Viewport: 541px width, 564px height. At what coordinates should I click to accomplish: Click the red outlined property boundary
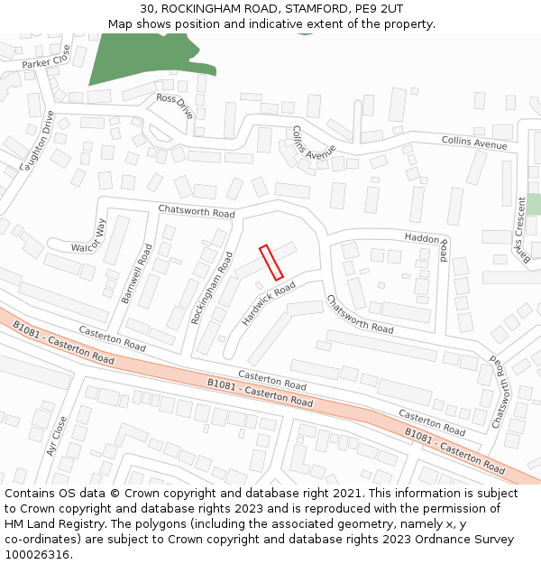click(271, 262)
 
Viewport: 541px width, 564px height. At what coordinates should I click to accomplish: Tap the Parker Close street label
click(46, 63)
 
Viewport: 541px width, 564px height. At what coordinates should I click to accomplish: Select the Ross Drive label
click(175, 106)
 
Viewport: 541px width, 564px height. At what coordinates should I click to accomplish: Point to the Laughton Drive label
click(37, 141)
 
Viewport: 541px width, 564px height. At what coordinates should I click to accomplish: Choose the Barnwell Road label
click(137, 273)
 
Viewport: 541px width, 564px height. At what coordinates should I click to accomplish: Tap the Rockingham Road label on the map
click(213, 287)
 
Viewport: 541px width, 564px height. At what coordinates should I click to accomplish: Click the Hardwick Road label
click(269, 303)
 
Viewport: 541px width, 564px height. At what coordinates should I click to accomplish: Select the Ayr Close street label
click(57, 436)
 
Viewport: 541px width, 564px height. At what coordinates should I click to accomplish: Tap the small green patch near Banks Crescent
click(534, 204)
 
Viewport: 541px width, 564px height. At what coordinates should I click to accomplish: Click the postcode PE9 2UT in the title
click(379, 8)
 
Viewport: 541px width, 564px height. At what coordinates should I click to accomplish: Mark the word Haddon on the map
click(422, 238)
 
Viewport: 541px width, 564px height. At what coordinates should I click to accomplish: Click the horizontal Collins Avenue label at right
click(474, 143)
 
